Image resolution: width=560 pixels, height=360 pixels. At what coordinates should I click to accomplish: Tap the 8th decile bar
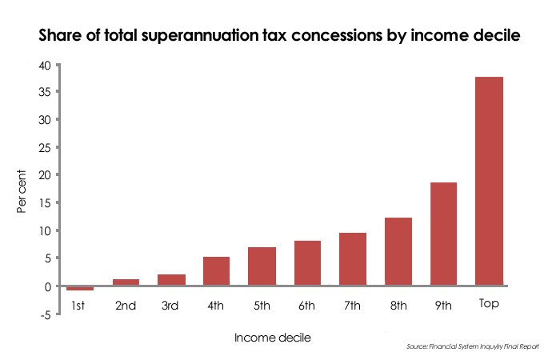tap(398, 251)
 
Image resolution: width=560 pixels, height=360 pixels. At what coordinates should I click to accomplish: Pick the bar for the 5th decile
tap(261, 266)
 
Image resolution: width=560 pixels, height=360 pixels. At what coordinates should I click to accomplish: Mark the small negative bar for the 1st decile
tap(80, 288)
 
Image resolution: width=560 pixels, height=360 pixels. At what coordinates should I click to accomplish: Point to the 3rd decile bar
tap(171, 280)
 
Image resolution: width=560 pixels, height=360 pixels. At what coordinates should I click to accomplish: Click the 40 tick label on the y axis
tap(50, 65)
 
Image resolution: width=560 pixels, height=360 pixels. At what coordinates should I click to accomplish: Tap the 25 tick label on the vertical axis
tap(50, 148)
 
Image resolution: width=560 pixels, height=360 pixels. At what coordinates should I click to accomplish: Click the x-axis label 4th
tap(215, 306)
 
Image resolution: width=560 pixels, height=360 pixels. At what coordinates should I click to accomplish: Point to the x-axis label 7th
tap(352, 306)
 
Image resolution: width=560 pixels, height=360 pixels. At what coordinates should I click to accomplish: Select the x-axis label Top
tap(489, 305)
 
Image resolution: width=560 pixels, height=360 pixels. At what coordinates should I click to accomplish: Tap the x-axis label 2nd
tap(125, 306)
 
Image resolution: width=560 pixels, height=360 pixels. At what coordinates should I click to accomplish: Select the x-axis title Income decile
tap(272, 338)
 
